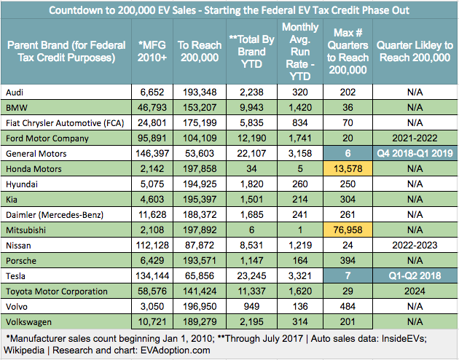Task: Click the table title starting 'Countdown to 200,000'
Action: (229, 11)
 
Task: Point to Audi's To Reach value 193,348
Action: (192, 93)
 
